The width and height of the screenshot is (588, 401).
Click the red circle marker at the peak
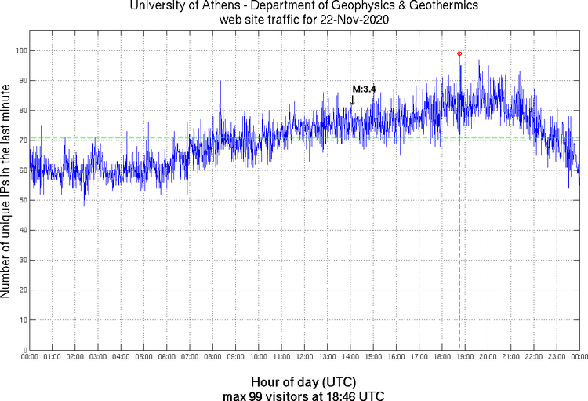coord(459,53)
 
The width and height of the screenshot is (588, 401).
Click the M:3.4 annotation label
coord(364,89)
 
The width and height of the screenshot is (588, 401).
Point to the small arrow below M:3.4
coord(353,100)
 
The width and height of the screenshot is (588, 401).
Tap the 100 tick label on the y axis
coord(19,50)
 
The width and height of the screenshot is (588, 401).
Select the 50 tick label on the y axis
coord(21,200)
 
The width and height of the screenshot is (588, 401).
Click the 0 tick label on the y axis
coord(24,350)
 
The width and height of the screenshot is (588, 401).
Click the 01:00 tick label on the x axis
coord(53,358)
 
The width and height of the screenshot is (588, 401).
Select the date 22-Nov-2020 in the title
coord(349,19)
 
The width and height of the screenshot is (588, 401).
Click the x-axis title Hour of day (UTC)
coord(303,381)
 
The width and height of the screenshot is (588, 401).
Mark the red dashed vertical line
coord(459,235)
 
